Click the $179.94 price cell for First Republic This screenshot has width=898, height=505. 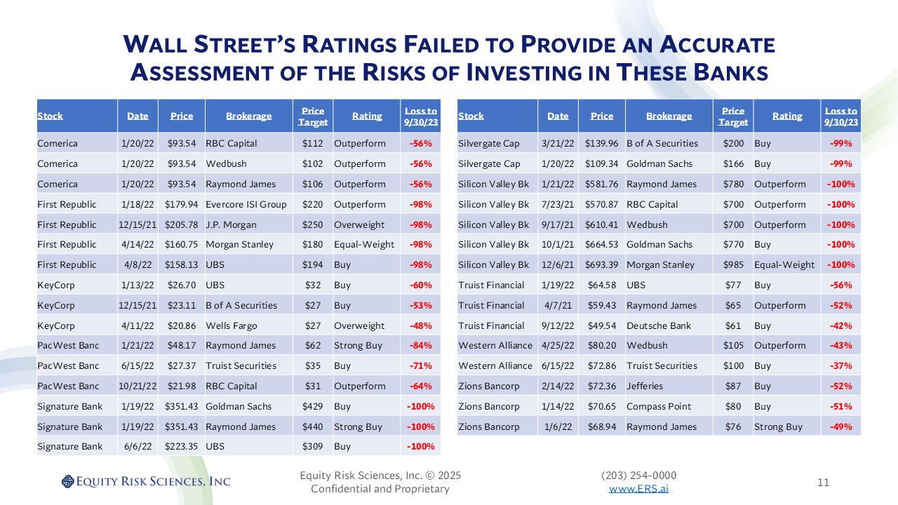point(181,204)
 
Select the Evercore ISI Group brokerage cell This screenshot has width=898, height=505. point(246,204)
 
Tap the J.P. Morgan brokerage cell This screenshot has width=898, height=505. point(232,224)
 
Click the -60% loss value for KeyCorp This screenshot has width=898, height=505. point(420,285)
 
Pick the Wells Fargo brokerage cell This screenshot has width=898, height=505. point(232,325)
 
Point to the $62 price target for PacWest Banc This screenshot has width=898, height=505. point(312,345)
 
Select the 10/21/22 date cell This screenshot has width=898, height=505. point(138,386)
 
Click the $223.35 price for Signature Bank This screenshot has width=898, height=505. point(181,446)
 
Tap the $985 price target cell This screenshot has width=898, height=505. point(733,264)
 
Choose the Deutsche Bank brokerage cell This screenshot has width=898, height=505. point(659,325)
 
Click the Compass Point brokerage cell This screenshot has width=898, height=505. point(659,406)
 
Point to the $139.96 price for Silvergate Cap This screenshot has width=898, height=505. point(601,143)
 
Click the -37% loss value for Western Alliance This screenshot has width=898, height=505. point(840,365)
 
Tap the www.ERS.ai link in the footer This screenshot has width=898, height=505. point(638,489)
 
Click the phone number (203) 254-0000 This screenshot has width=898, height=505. point(639,476)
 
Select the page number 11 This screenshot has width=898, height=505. point(824,483)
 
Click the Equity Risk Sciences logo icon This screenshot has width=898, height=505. point(67,481)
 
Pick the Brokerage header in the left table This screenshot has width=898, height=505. point(248,116)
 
